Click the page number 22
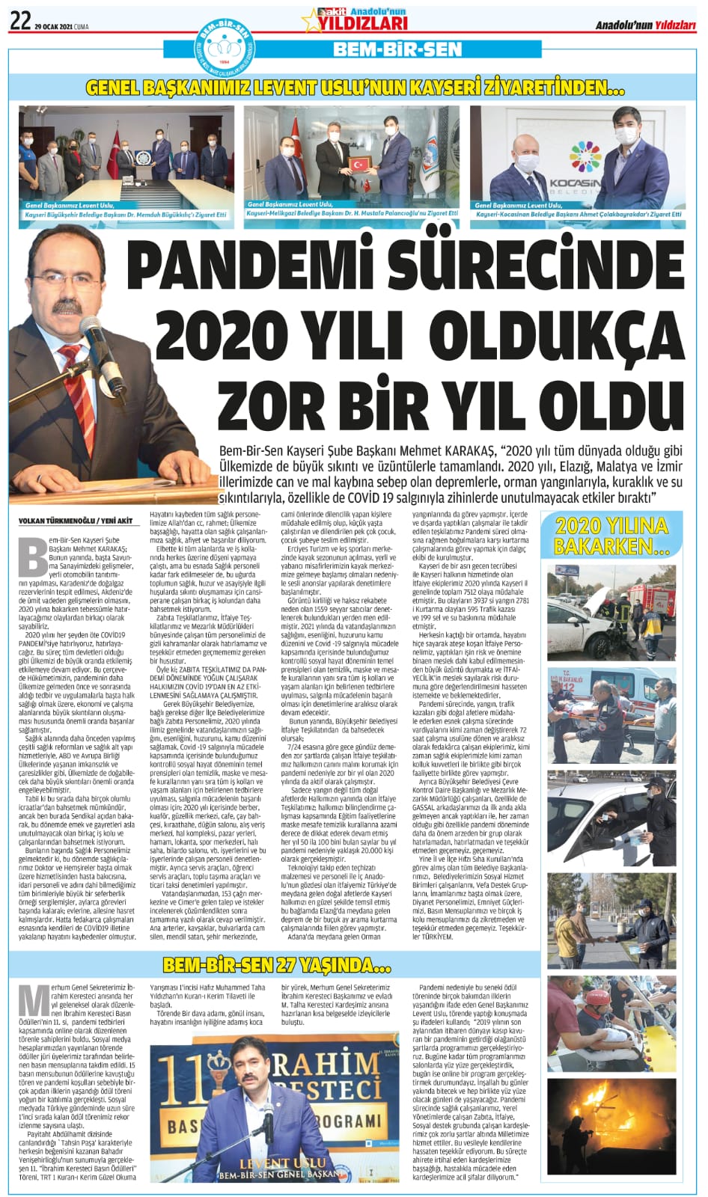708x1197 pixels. tap(19, 22)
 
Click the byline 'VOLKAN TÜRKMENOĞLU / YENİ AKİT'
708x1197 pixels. tap(72, 521)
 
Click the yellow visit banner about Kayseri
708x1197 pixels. tap(353, 88)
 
